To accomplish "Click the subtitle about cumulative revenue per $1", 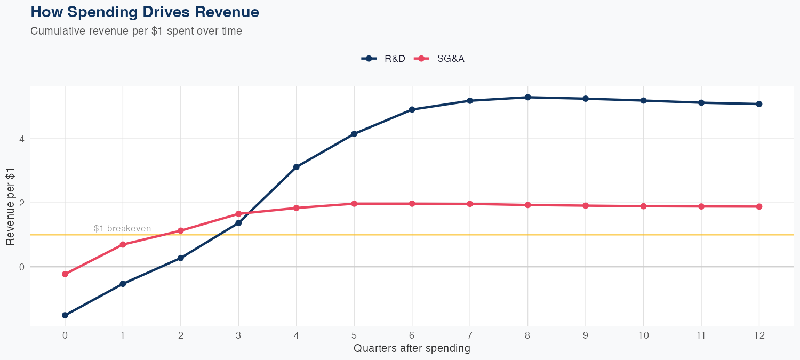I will pos(137,31).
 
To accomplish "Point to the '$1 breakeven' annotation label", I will pos(122,228).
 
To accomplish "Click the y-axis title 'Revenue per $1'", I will pos(10,206).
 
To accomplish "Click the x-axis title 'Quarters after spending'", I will pos(412,349).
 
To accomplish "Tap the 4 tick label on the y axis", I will pos(22,139).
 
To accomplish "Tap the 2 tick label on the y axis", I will pos(22,203).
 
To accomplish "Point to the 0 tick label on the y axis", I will pos(22,267).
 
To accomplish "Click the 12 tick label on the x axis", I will pos(759,335).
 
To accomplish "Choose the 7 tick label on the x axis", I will pos(470,335).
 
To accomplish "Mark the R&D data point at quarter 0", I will pos(65,315).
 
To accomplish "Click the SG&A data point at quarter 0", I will pos(65,274).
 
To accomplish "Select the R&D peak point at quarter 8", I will pos(527,97).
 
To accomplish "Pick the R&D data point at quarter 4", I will pos(297,167).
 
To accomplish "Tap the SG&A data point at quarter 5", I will pos(354,203).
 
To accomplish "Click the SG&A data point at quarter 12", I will pos(759,206).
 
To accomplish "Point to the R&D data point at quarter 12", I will pos(759,104).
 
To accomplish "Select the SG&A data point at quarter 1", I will pos(123,244).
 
